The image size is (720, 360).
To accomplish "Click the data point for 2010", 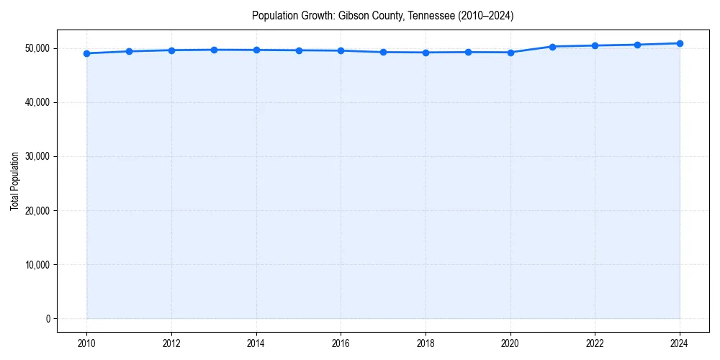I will coord(86,53).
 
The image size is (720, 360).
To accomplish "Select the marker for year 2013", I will coord(214,50).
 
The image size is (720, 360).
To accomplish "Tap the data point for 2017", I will coord(383,52).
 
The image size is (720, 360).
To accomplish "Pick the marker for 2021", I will coord(552,47).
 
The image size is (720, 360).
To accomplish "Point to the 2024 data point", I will coord(680,43).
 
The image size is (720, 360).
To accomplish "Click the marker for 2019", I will coord(468,52).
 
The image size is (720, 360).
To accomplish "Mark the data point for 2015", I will coord(299,50).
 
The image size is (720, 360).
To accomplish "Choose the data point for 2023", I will coord(637,45).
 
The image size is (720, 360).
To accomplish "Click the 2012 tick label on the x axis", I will coord(171,343).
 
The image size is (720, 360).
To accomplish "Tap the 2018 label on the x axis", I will coord(426,343).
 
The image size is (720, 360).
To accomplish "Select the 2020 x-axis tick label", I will coord(510,343).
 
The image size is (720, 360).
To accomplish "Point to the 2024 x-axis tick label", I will coord(680,343).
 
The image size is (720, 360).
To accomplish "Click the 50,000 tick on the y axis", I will coord(37,48).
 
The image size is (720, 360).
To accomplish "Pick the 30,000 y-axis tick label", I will coord(37,156).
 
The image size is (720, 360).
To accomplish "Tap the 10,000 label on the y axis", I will coord(37,265).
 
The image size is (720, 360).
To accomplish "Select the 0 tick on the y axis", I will coord(48,319).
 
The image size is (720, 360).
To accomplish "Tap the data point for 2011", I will coord(129,51).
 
